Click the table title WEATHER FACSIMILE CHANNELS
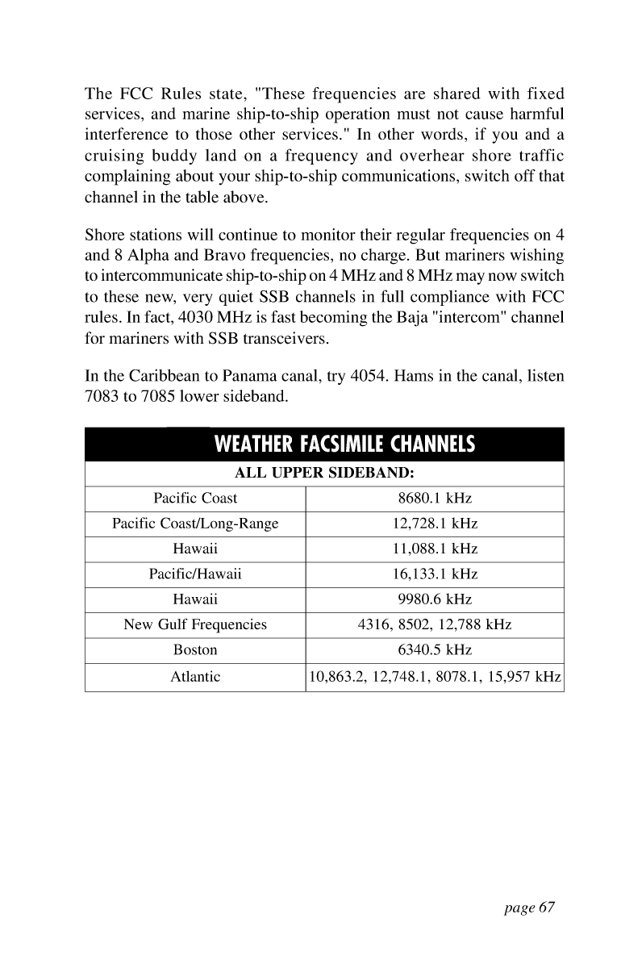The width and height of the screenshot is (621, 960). pyautogui.click(x=344, y=445)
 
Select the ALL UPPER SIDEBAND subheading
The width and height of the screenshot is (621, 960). pyautogui.click(x=324, y=474)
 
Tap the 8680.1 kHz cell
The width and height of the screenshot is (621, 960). pyautogui.click(x=435, y=499)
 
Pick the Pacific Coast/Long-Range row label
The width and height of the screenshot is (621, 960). pyautogui.click(x=195, y=524)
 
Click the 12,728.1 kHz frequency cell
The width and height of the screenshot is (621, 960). pyautogui.click(x=435, y=524)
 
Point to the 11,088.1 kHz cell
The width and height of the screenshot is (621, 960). pyautogui.click(x=435, y=549)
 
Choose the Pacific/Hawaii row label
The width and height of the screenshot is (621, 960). pyautogui.click(x=195, y=574)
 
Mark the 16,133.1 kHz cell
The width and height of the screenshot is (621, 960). pyautogui.click(x=435, y=574)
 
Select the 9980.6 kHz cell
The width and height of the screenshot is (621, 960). pyautogui.click(x=435, y=599)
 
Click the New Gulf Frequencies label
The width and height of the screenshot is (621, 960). pyautogui.click(x=195, y=624)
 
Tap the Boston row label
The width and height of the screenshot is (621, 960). pyautogui.click(x=195, y=649)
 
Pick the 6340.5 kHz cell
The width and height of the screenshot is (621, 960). pyautogui.click(x=435, y=649)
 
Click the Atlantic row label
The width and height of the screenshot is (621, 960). pyautogui.click(x=195, y=677)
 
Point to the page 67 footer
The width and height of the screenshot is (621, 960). pyautogui.click(x=528, y=908)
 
